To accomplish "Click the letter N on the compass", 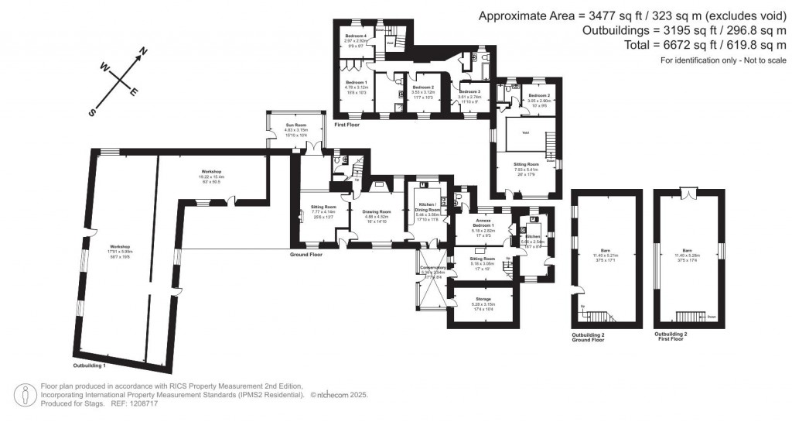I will [x=142, y=52].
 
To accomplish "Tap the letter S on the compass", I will [x=92, y=112].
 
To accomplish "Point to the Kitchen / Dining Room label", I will [x=428, y=210].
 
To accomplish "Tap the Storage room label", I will [x=483, y=299].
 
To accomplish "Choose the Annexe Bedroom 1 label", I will [x=483, y=225].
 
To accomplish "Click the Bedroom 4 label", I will [x=356, y=36].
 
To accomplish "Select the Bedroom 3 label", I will [x=469, y=91].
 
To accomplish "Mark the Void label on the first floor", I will [x=525, y=133].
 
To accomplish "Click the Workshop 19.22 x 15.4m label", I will [x=211, y=176].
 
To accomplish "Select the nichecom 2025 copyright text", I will [x=339, y=395].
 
